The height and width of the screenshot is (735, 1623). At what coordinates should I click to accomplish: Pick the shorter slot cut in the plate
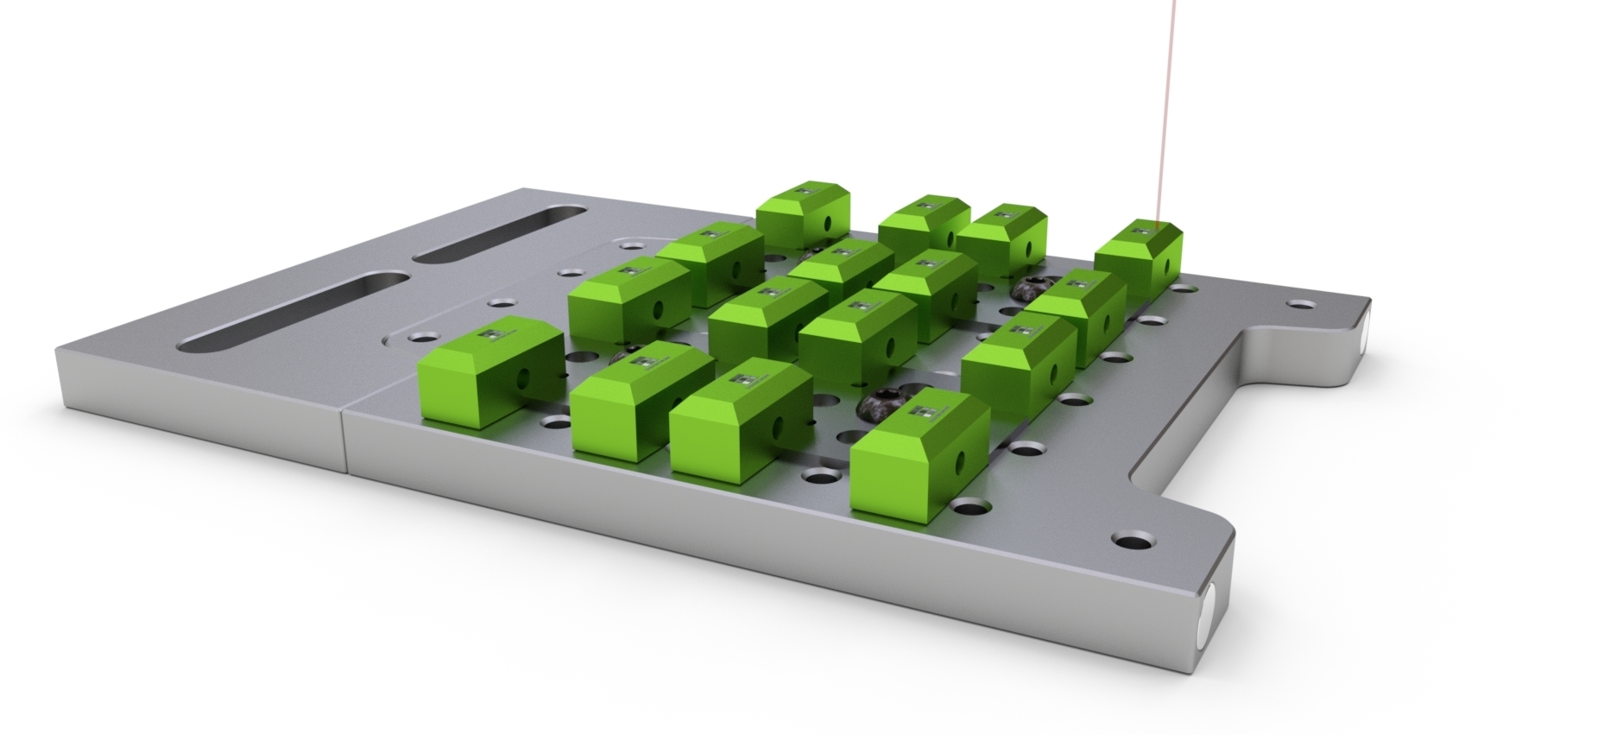click(x=501, y=235)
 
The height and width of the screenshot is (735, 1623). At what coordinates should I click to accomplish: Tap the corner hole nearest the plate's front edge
click(x=1128, y=542)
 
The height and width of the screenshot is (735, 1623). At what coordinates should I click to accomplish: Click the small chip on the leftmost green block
click(x=493, y=333)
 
